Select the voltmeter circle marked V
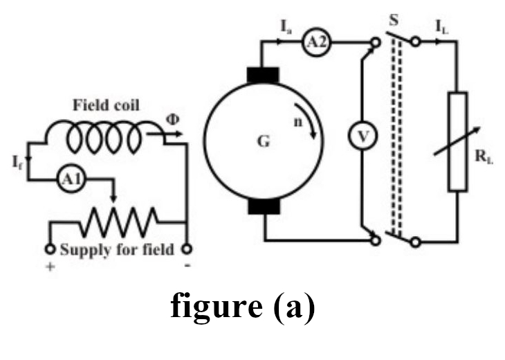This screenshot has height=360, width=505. point(360,137)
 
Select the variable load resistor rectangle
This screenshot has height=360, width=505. point(458,142)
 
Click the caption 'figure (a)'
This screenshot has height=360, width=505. point(243,307)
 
